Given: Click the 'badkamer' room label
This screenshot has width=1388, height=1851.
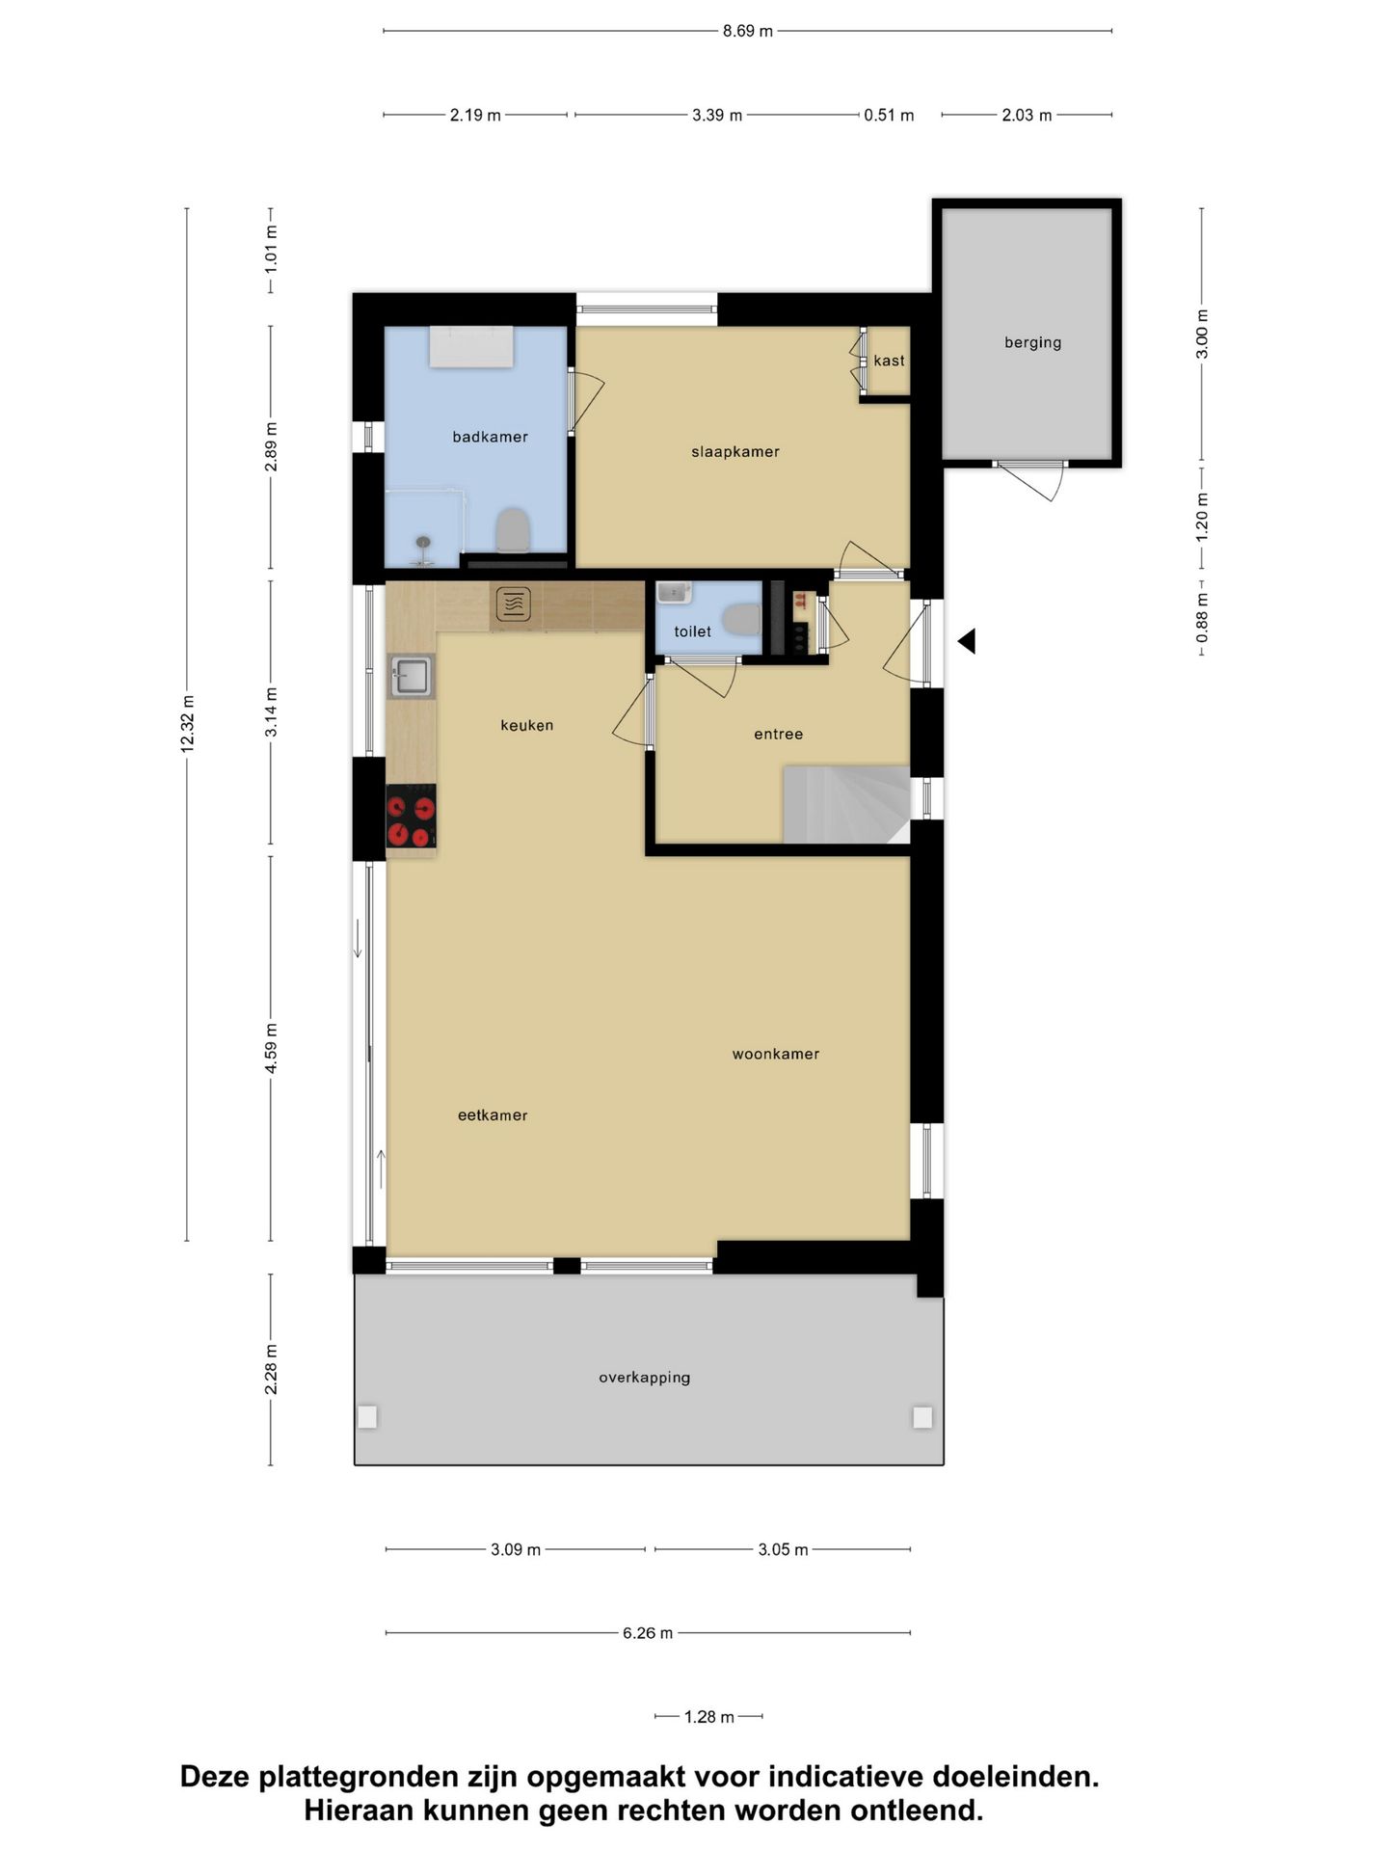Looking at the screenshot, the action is [490, 437].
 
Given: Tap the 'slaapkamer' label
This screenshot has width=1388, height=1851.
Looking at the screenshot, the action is [735, 451].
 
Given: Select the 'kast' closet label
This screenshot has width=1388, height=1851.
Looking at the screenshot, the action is [889, 361].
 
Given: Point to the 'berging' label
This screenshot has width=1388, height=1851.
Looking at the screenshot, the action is [1032, 342].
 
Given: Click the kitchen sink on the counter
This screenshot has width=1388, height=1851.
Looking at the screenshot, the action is [412, 676].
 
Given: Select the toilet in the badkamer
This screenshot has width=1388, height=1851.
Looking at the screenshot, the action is [513, 529].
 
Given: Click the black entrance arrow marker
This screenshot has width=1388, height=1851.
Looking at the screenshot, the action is [967, 641].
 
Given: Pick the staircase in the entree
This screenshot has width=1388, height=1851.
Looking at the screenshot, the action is [846, 804].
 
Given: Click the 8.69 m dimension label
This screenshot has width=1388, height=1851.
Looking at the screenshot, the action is [748, 31].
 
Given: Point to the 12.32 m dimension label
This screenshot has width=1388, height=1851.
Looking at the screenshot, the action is [188, 723].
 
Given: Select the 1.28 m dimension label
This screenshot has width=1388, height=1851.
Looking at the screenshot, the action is [709, 1717].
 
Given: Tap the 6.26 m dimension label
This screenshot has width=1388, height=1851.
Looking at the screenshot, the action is [648, 1633].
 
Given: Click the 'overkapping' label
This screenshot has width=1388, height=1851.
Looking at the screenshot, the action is [645, 1378].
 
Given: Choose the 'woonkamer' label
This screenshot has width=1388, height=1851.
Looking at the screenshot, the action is [776, 1054].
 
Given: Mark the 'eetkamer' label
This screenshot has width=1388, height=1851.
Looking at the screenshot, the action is [493, 1115].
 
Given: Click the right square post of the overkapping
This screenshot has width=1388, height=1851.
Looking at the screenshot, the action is [922, 1417].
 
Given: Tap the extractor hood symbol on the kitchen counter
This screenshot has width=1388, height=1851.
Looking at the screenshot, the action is [514, 604].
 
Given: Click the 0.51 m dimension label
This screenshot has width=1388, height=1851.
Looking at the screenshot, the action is [889, 115].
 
